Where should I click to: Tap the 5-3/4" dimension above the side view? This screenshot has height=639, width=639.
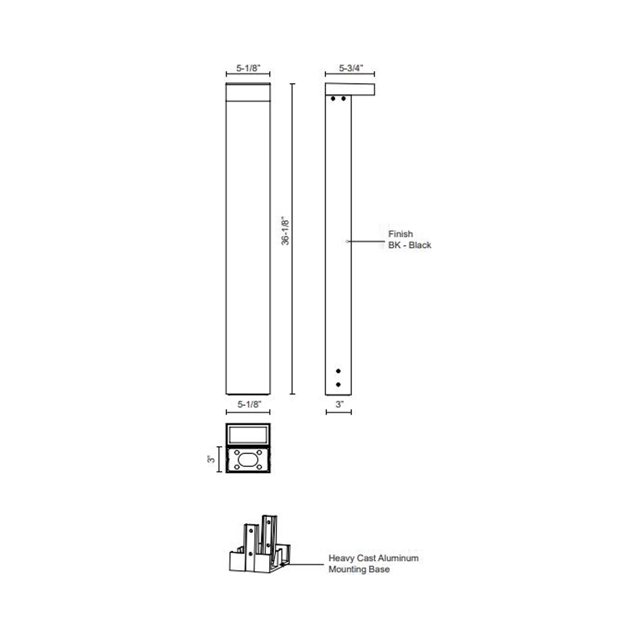tap(351, 68)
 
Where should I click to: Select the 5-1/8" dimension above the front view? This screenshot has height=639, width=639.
tap(248, 68)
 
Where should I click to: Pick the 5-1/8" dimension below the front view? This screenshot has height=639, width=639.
tap(249, 404)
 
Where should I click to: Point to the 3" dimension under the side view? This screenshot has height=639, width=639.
tap(339, 404)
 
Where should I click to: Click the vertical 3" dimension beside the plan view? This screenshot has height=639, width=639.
tap(211, 459)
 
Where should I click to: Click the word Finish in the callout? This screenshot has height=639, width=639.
tap(401, 234)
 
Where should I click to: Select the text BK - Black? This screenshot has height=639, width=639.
tap(409, 245)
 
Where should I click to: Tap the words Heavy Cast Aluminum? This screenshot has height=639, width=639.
tap(373, 558)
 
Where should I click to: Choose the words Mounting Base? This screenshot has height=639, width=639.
tap(359, 569)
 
